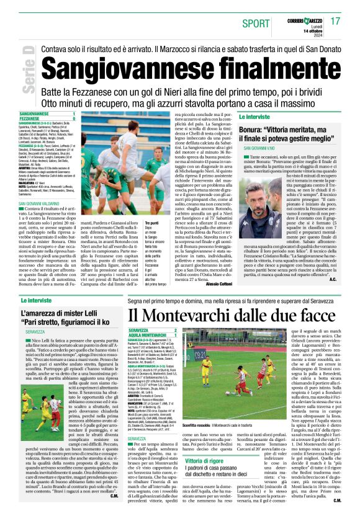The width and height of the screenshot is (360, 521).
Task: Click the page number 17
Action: [335, 21]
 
